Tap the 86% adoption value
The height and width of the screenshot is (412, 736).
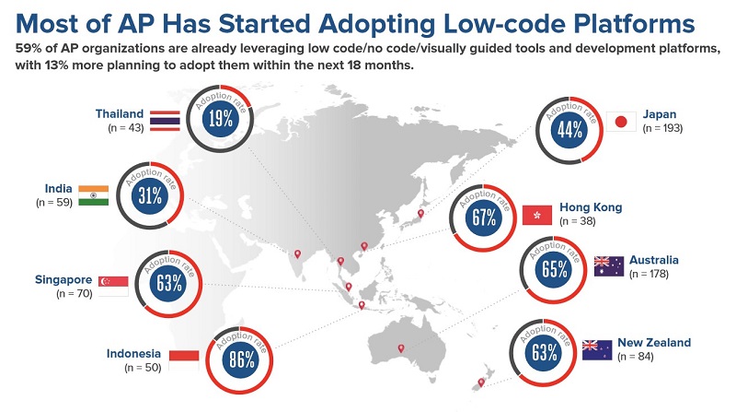241,360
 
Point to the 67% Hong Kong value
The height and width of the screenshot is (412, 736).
484,218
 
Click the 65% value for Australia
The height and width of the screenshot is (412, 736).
554,270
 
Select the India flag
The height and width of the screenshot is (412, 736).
94,195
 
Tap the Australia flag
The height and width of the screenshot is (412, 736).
608,266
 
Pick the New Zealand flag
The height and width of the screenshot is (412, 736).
597,349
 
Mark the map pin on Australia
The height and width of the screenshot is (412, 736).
400,348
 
